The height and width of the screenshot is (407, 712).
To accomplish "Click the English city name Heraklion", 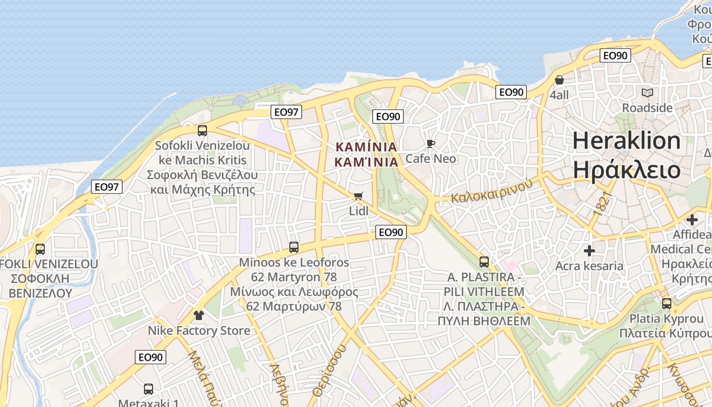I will (627, 140).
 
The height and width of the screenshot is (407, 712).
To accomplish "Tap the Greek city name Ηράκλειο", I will (627, 169).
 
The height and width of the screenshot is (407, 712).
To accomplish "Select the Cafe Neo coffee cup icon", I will (431, 144).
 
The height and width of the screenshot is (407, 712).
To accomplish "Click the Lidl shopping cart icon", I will (359, 196).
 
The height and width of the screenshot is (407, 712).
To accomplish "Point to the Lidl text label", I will (359, 210).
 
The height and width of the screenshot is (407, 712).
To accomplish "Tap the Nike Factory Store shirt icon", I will (198, 315).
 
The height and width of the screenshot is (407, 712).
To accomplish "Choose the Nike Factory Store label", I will (199, 331).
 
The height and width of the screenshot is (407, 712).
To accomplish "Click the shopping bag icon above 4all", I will (559, 80).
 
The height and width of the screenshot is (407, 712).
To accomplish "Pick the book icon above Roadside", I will (647, 93).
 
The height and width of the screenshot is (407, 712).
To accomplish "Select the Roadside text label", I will (647, 108).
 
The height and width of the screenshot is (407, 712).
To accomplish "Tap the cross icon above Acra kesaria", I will (589, 251).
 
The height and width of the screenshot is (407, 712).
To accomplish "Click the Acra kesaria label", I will (589, 266).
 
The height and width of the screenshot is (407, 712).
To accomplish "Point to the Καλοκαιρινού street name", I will (492, 191).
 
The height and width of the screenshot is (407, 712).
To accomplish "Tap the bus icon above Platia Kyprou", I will (666, 304).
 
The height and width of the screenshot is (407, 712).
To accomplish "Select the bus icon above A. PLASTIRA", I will (484, 262).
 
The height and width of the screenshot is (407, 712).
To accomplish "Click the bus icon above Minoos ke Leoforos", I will (294, 247).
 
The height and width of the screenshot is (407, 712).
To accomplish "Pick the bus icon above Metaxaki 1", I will (149, 389).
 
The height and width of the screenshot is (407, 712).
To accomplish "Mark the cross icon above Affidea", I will (692, 220).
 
